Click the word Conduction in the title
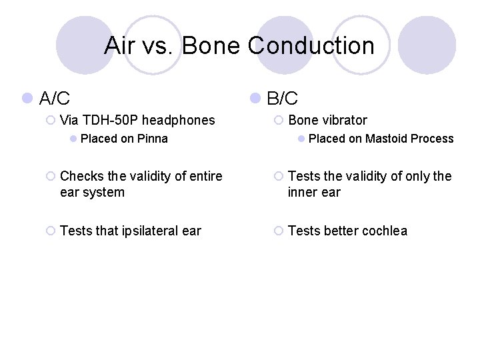click(x=311, y=46)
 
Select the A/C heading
click(x=55, y=99)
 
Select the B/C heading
click(x=283, y=99)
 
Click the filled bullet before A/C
click(x=27, y=99)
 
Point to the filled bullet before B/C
click(x=255, y=99)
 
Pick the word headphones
click(x=179, y=120)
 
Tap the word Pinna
click(x=153, y=139)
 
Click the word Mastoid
click(x=386, y=139)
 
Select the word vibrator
click(x=345, y=120)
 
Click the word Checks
click(x=79, y=176)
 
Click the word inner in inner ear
click(x=303, y=193)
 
